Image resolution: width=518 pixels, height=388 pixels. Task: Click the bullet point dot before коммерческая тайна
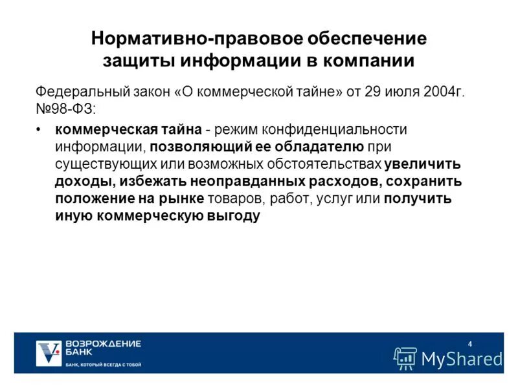pos(40,130)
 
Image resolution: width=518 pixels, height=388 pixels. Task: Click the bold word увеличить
pos(422,164)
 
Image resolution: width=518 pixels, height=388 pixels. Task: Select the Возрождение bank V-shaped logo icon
pos(48,352)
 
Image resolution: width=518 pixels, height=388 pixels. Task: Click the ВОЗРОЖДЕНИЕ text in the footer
pos(103,343)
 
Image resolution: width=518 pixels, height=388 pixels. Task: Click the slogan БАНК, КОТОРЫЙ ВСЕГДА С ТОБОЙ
pos(103,365)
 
